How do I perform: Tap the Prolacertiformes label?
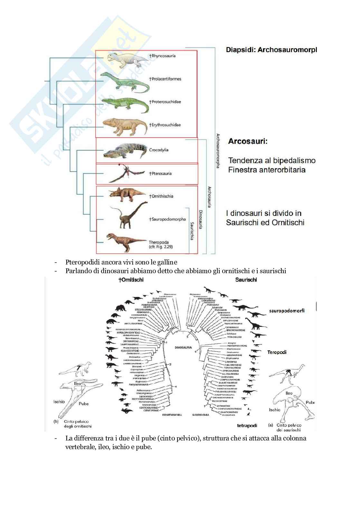(165, 79)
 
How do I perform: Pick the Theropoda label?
(159, 242)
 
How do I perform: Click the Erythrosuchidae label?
(165, 125)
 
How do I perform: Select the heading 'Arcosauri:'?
(248, 141)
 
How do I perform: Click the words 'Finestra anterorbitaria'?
(267, 170)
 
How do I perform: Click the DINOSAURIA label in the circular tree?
(183, 347)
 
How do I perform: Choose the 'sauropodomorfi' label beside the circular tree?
(287, 310)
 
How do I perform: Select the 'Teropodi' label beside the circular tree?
(277, 352)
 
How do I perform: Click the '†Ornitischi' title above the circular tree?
(131, 280)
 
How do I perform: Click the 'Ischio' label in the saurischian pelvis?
(274, 410)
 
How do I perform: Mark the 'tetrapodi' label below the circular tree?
(247, 425)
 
